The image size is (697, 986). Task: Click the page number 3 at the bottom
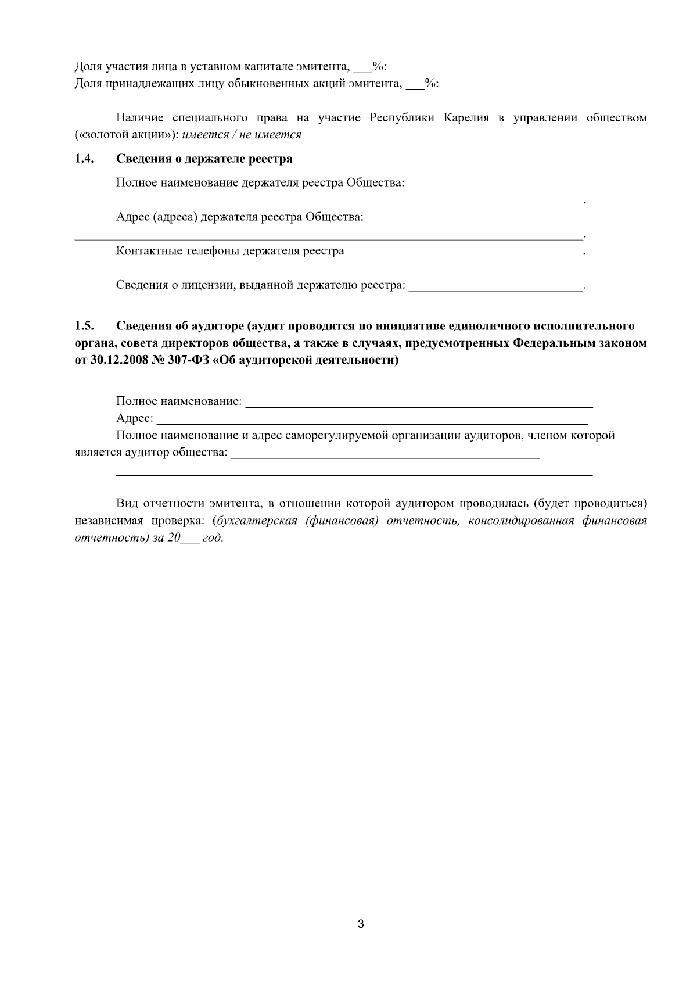(361, 924)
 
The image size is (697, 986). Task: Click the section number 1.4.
(85, 159)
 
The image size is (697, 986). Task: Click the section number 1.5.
(85, 325)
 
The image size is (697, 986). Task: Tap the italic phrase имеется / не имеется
(242, 135)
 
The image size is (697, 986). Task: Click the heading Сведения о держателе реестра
(204, 159)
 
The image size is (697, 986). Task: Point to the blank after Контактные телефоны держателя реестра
(463, 252)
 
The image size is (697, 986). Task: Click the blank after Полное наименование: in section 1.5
(419, 402)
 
